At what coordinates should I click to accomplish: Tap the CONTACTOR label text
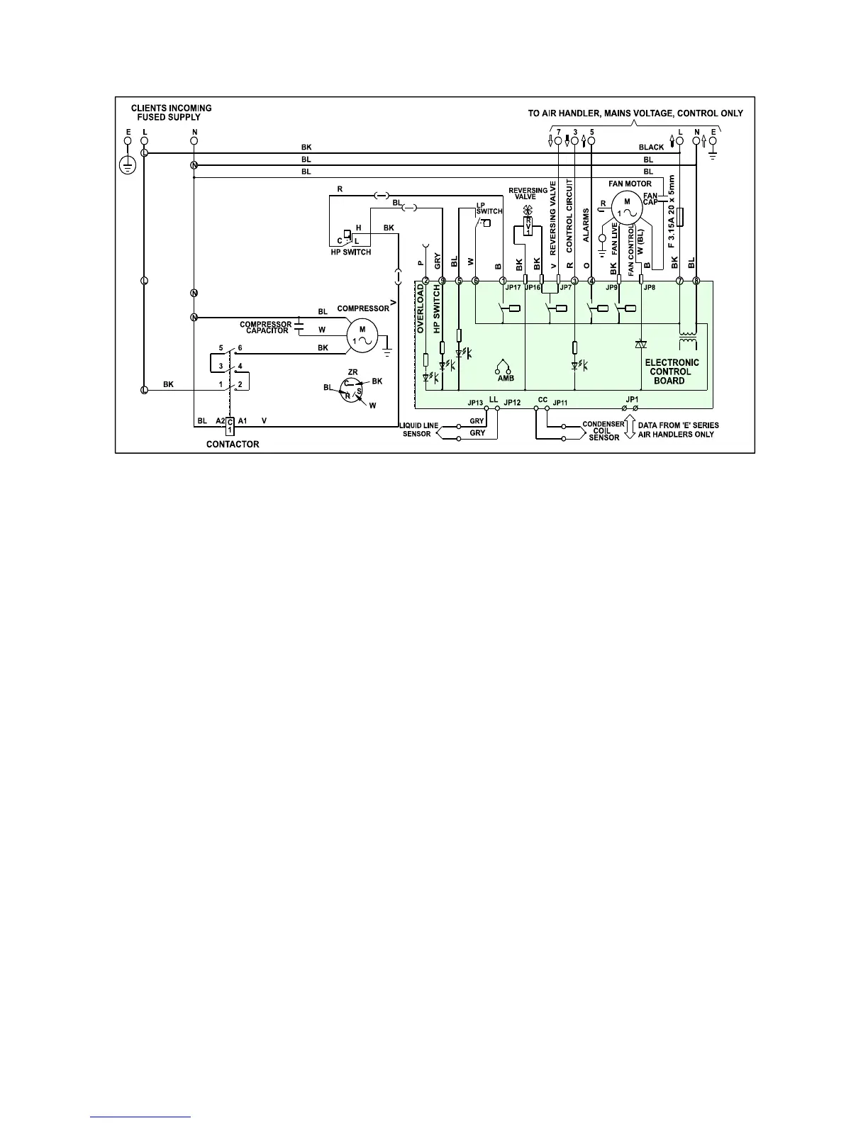pyautogui.click(x=233, y=445)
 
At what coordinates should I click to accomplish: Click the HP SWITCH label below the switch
pyautogui.click(x=351, y=252)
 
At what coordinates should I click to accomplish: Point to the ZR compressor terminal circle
pyautogui.click(x=352, y=390)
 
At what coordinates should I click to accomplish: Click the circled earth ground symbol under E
pyautogui.click(x=128, y=166)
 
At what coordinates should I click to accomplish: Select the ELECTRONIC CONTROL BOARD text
pyautogui.click(x=672, y=371)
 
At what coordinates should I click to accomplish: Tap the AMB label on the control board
pyautogui.click(x=505, y=379)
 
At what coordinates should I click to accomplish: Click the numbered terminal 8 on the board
pyautogui.click(x=696, y=281)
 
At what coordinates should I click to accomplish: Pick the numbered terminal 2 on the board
pyautogui.click(x=425, y=281)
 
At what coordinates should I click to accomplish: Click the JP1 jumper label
pyautogui.click(x=632, y=399)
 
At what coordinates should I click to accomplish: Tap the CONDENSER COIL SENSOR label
pyautogui.click(x=603, y=431)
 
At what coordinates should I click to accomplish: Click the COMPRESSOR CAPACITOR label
pyautogui.click(x=266, y=328)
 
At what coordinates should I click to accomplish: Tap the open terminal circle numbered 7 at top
pyautogui.click(x=558, y=141)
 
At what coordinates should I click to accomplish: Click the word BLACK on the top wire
pyautogui.click(x=651, y=147)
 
